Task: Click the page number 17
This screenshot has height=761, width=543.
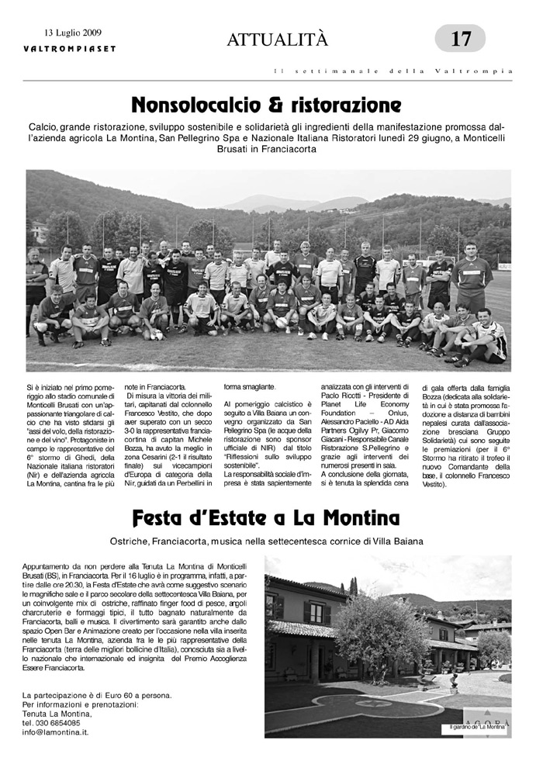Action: click(461, 37)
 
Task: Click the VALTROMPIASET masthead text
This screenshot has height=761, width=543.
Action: click(69, 48)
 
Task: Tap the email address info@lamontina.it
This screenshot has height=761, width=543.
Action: click(55, 732)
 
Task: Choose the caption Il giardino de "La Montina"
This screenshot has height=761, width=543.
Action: click(478, 728)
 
